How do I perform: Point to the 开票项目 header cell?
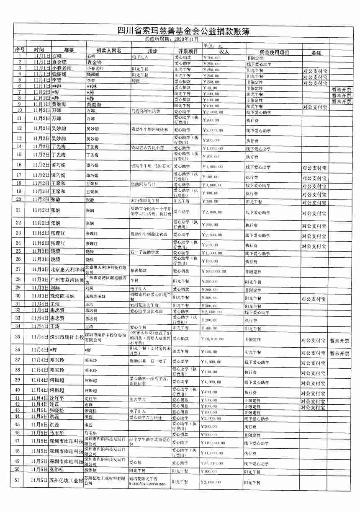pyautogui.click(x=185, y=51)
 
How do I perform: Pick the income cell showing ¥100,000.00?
pyautogui.click(x=214, y=272)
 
